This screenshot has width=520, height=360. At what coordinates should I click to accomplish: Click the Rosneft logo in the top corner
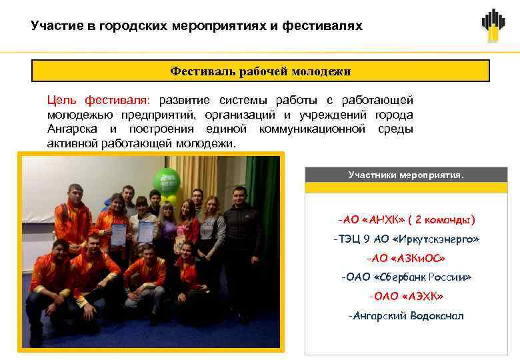(493, 25)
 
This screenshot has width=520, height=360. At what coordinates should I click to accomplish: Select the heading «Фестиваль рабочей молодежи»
(261, 71)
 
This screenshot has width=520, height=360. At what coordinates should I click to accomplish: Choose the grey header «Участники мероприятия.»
(405, 175)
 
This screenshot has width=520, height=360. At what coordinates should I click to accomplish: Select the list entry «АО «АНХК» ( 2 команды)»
(406, 219)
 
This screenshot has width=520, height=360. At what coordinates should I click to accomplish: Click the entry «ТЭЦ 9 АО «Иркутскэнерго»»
(406, 239)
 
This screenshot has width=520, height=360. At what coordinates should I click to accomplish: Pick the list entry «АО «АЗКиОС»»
(406, 257)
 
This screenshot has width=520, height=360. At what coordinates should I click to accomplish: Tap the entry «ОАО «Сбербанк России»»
(406, 277)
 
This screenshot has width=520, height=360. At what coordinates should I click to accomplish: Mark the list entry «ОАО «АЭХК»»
(406, 295)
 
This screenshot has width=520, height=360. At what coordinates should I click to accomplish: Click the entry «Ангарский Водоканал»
(406, 315)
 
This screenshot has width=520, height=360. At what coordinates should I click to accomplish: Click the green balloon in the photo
(167, 181)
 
